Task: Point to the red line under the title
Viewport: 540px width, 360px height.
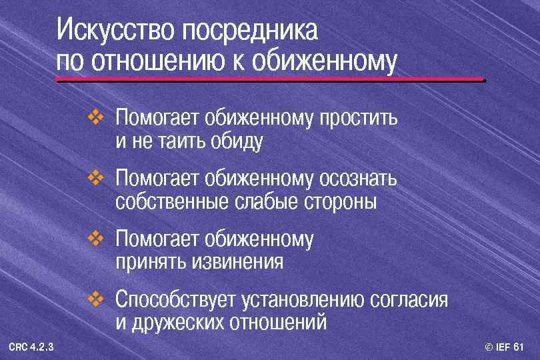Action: pos(270,79)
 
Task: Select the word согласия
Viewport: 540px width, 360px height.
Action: pos(408,300)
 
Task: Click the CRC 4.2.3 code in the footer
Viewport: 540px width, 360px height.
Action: pos(32,347)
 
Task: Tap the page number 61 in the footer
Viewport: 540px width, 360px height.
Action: pos(519,347)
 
